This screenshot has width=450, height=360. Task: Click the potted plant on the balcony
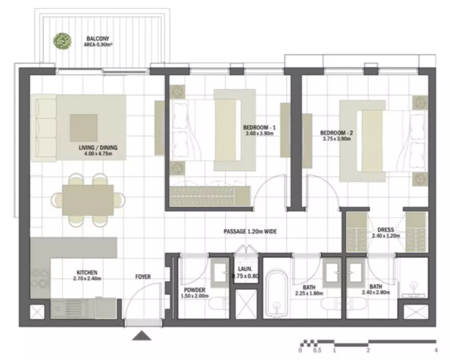tap(63, 41)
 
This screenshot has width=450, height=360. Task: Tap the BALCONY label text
tap(98, 39)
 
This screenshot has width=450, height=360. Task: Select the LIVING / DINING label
tap(98, 147)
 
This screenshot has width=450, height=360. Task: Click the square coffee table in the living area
tap(83, 128)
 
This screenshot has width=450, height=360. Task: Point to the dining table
tap(88, 200)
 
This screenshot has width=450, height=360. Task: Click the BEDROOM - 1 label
tap(259, 127)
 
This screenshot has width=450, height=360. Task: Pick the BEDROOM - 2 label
tap(337, 133)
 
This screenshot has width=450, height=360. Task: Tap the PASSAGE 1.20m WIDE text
tap(250, 232)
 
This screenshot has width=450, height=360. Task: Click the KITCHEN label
tap(87, 272)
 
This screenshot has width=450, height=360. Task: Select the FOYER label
tap(143, 277)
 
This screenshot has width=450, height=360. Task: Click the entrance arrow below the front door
tap(142, 336)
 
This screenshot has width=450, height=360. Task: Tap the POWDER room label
tap(195, 290)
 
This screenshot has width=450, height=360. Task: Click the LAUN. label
tap(245, 269)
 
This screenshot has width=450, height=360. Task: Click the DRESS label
tap(386, 230)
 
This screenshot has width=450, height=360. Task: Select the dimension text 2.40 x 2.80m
tap(376, 293)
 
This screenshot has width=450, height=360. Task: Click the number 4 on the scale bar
tap(436, 350)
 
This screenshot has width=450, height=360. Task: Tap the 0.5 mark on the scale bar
tap(317, 350)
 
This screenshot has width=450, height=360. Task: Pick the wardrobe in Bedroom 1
tap(210, 196)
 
